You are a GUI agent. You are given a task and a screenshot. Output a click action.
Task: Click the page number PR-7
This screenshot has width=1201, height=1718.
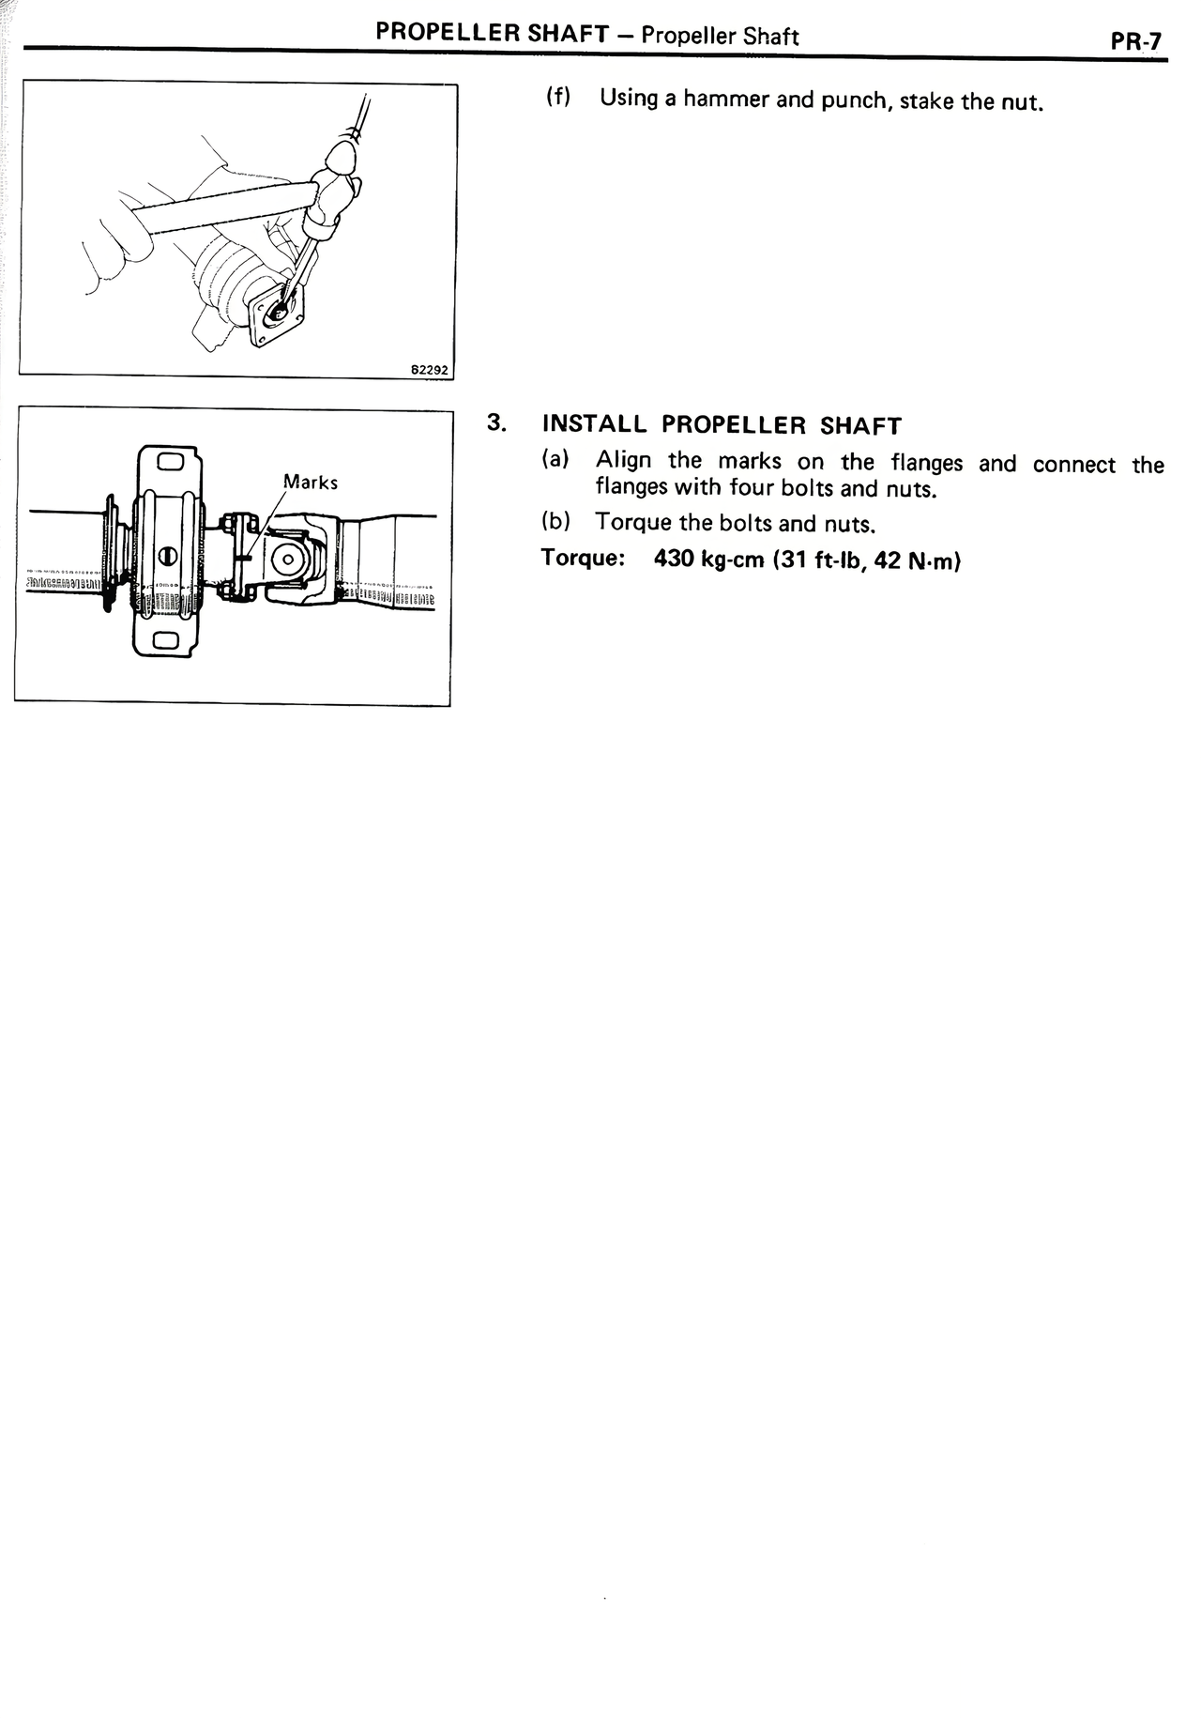(x=1135, y=42)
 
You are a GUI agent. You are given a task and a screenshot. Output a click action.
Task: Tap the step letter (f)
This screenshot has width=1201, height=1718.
(x=559, y=98)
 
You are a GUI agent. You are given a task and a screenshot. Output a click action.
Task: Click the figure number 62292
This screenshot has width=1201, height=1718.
(x=430, y=371)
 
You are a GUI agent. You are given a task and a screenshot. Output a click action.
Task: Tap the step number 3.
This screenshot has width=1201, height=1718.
(x=496, y=423)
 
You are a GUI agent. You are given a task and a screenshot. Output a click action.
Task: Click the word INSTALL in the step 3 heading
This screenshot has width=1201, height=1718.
(x=594, y=424)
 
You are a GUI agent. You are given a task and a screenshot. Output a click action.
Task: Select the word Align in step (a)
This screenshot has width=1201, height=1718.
(x=623, y=461)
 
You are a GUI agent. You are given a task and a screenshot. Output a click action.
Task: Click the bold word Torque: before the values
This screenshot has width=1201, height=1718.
(x=583, y=559)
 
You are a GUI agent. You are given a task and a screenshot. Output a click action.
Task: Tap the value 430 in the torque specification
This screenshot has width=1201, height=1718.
(x=672, y=560)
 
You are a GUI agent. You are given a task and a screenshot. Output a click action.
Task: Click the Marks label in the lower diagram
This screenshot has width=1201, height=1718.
(x=311, y=483)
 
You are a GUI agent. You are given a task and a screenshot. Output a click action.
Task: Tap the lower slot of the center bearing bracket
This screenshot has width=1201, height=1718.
(x=169, y=640)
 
